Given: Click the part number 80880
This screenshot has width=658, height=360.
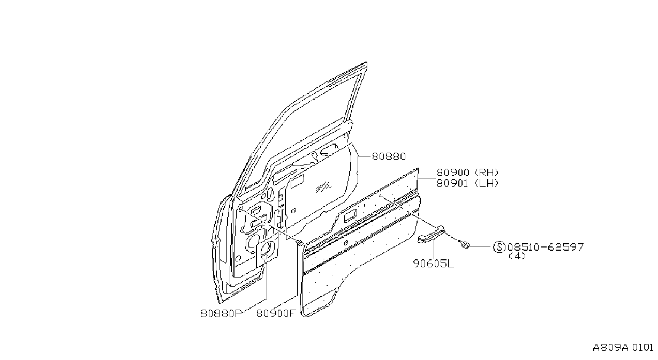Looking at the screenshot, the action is [389, 156].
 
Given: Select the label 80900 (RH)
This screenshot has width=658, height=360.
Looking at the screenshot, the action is [467, 172].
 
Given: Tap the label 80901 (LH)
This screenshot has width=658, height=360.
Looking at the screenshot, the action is [467, 183].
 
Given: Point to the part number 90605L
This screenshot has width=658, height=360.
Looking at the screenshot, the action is [434, 264].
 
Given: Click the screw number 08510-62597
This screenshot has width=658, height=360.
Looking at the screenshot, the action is [546, 247].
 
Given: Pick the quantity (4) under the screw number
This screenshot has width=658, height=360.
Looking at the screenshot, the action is [518, 256].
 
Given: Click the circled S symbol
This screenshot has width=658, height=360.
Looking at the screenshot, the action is [499, 247].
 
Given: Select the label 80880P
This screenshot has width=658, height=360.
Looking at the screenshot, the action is [221, 313].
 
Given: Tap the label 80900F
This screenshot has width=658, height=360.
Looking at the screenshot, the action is [275, 313].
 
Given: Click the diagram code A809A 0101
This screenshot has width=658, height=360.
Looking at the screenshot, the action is [623, 348].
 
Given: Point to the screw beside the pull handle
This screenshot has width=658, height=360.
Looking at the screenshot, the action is [464, 244].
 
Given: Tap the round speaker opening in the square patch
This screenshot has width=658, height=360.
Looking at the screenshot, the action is [267, 249].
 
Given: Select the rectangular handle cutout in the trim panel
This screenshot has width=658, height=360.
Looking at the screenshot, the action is [350, 216].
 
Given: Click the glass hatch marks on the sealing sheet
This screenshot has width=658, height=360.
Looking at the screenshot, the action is [324, 187].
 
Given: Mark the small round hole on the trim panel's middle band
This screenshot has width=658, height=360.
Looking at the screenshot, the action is [346, 243].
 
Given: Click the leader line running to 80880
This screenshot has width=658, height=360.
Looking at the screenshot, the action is [365, 156].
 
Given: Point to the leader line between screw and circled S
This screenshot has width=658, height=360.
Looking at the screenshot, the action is [481, 246].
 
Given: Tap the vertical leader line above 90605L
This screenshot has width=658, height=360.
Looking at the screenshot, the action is [434, 249].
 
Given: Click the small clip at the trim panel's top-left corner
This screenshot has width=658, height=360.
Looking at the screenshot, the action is [300, 243].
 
